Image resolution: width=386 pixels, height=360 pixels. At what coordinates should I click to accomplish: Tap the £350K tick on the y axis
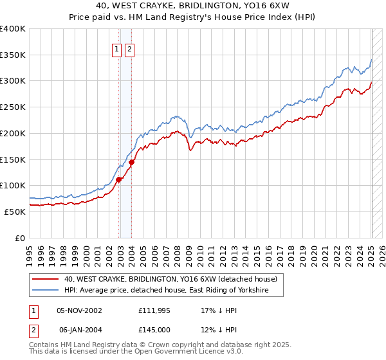click(x=13, y=55)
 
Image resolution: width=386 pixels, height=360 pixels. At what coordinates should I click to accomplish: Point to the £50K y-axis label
click(x=15, y=212)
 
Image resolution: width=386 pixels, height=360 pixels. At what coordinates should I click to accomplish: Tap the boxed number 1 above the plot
click(x=116, y=49)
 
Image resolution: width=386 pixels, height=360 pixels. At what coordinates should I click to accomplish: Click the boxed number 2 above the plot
click(x=129, y=49)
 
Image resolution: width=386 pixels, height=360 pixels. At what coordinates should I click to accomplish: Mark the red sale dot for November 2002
click(x=119, y=179)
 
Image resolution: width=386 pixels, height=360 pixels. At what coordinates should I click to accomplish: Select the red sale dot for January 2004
click(x=132, y=162)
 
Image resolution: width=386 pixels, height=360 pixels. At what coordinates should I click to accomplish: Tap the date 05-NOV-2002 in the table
click(x=79, y=310)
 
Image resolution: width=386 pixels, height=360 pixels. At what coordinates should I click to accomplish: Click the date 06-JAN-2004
click(x=79, y=329)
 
